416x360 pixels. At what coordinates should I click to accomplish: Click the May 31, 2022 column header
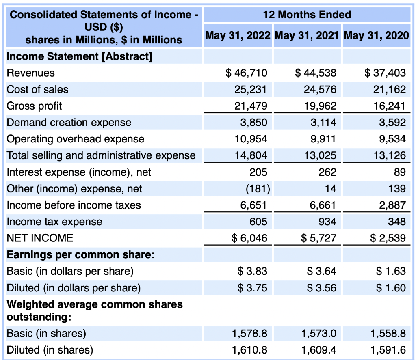click(x=238, y=35)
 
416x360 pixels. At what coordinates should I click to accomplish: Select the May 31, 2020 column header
click(x=376, y=35)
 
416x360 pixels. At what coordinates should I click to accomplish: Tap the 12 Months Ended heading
click(x=307, y=15)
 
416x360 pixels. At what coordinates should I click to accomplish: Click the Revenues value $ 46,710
click(x=247, y=73)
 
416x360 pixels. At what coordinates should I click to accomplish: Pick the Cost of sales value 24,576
click(x=320, y=90)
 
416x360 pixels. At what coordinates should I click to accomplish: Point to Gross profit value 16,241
click(x=390, y=106)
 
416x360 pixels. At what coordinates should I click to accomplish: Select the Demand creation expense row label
click(x=69, y=123)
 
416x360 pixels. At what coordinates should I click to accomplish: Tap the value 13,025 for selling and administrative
click(x=320, y=155)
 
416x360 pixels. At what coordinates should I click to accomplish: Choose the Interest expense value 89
click(x=399, y=172)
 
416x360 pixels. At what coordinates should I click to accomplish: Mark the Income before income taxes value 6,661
click(x=323, y=205)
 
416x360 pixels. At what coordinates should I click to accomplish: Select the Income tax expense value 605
click(x=258, y=222)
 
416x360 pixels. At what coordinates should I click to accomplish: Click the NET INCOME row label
click(x=40, y=238)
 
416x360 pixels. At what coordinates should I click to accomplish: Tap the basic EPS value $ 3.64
click(x=322, y=271)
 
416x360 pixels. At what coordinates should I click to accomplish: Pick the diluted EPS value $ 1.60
click(x=391, y=288)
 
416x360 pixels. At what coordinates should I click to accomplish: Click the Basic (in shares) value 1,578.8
click(x=249, y=334)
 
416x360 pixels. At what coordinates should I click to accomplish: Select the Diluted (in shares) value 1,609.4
click(x=318, y=350)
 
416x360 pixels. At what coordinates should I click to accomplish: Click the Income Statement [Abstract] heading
click(x=80, y=56)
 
